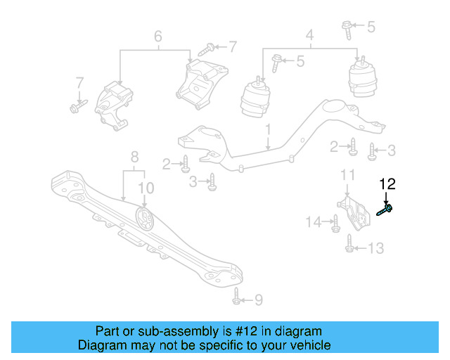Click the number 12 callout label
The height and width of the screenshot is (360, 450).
(387, 184)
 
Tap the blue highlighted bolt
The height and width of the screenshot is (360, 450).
(385, 209)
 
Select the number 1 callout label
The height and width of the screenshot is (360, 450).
(268, 130)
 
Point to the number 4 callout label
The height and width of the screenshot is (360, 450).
(309, 34)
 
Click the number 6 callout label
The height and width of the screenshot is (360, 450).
(157, 35)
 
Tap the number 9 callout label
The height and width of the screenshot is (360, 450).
(258, 300)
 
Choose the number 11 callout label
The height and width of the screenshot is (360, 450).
(348, 174)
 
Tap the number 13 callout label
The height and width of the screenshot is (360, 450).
(376, 247)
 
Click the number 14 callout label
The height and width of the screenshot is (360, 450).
(313, 222)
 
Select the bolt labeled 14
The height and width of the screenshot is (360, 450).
(335, 223)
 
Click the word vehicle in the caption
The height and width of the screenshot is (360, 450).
(310, 345)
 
